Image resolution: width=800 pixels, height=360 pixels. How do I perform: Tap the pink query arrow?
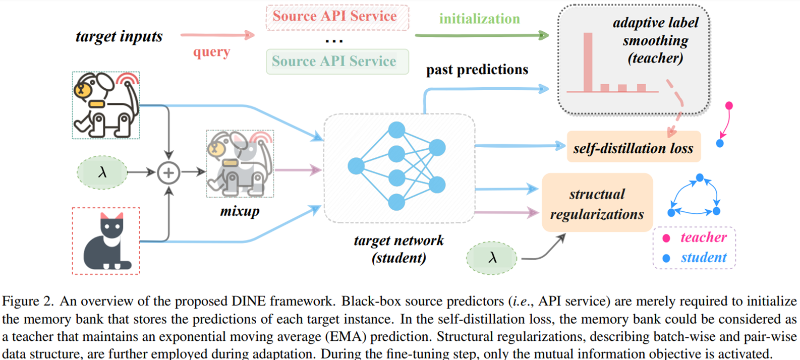tap(217, 35)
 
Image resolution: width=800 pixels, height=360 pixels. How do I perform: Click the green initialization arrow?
tap(481, 35)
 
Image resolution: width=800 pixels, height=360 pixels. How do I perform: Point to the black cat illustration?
tap(106, 241)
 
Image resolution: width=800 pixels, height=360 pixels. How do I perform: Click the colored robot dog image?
tap(106, 105)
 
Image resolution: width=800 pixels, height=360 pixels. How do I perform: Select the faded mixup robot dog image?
tap(240, 163)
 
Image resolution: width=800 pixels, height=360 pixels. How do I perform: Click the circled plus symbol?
tap(168, 173)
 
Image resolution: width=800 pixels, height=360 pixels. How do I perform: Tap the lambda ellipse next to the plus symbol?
tap(102, 173)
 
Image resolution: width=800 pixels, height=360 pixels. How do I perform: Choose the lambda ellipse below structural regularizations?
tap(492, 258)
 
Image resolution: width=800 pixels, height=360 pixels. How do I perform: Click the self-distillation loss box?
tap(634, 147)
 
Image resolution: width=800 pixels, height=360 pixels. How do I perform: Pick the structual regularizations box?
tap(597, 203)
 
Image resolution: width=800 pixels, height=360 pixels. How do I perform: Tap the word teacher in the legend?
tap(703, 237)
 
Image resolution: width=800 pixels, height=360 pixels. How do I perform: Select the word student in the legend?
tap(703, 258)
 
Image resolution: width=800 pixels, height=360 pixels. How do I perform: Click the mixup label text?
tap(240, 211)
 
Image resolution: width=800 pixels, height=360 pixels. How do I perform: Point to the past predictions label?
tap(477, 70)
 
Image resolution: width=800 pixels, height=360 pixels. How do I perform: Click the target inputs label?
tap(119, 36)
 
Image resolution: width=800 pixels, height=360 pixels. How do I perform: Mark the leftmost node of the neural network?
tap(356, 166)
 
